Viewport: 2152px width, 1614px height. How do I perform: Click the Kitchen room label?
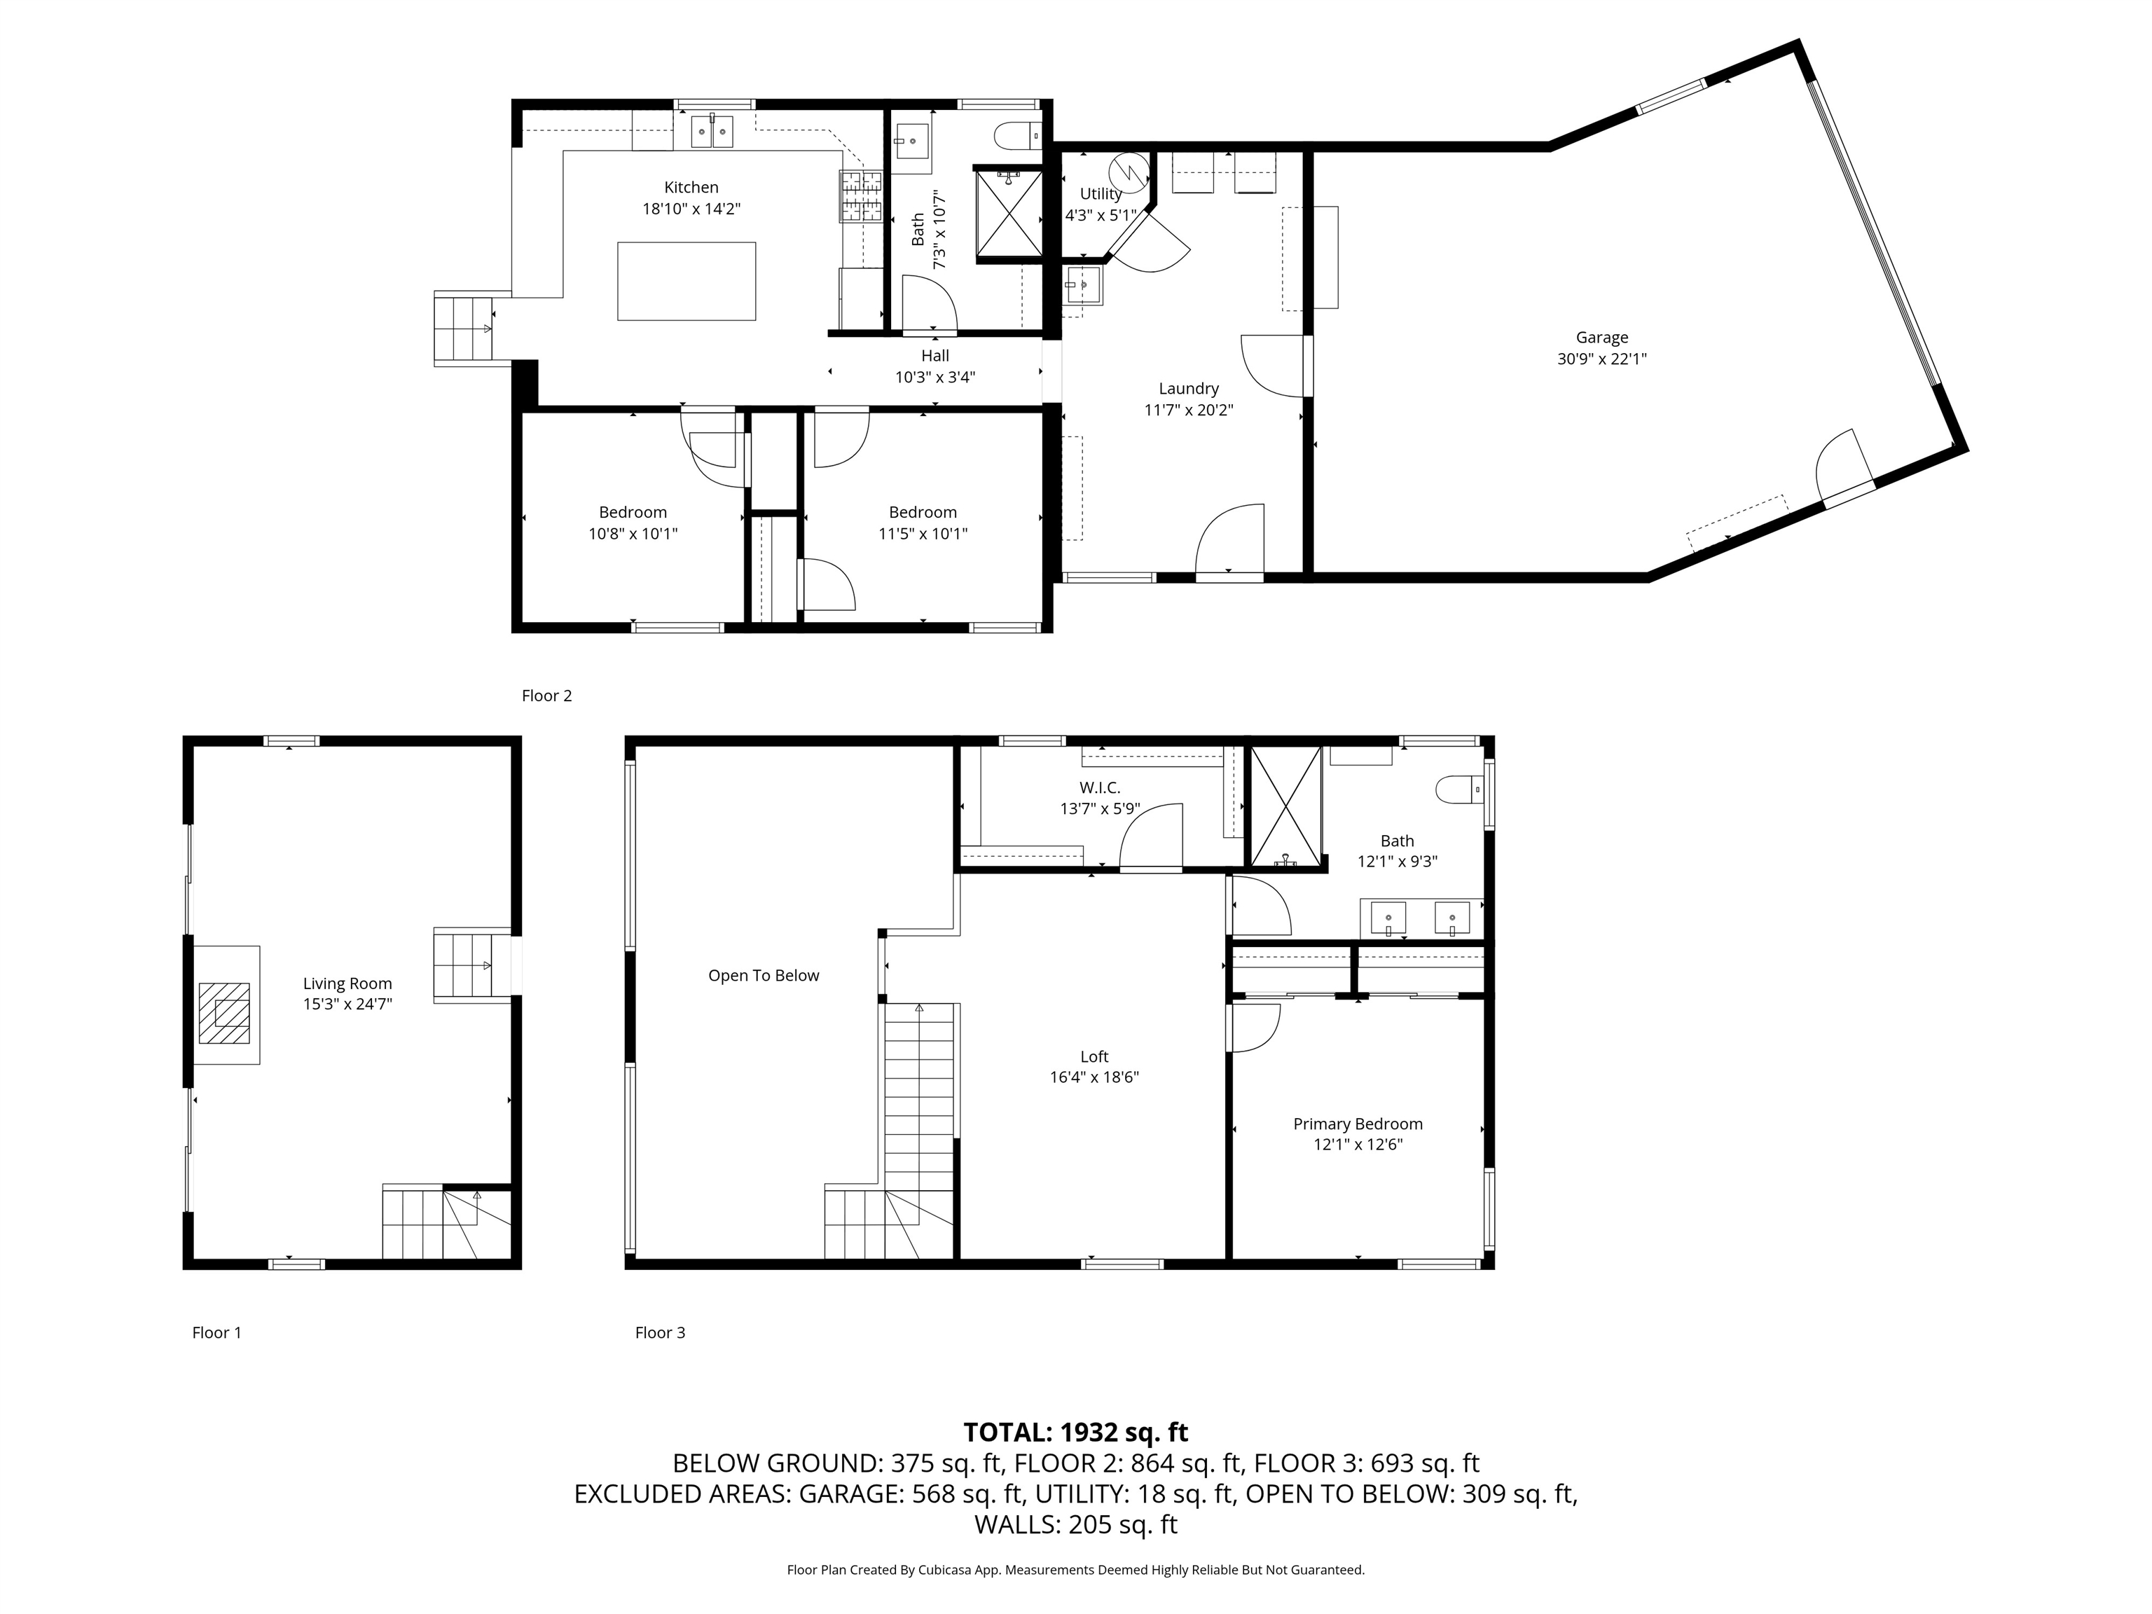691,188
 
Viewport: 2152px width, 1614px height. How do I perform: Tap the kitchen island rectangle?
687,281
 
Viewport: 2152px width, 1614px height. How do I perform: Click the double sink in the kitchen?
712,131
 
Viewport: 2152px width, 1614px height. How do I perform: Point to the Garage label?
1601,338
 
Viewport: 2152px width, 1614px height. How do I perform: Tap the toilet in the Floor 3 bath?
1457,789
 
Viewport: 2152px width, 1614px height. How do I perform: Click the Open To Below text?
764,976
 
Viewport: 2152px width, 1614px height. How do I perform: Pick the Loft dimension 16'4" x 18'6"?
1094,1077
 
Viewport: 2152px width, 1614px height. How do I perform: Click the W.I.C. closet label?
1099,788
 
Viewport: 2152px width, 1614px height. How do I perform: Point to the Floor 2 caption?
546,696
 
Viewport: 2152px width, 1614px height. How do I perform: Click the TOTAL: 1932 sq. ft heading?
1076,1432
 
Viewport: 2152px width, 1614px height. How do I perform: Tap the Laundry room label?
1189,388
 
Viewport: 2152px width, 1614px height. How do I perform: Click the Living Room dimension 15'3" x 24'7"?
347,1004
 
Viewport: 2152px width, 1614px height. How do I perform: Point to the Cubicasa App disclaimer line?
1076,1569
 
